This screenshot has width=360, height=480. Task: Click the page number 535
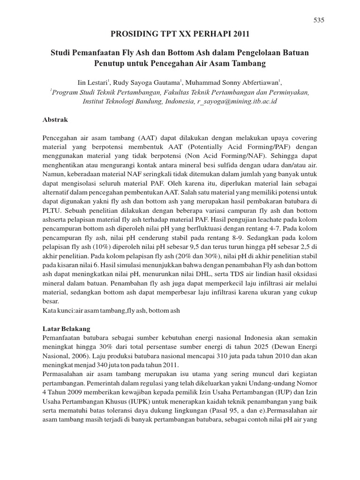[318, 20]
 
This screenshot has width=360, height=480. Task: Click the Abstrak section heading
[55, 120]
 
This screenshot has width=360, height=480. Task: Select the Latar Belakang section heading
[66, 329]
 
